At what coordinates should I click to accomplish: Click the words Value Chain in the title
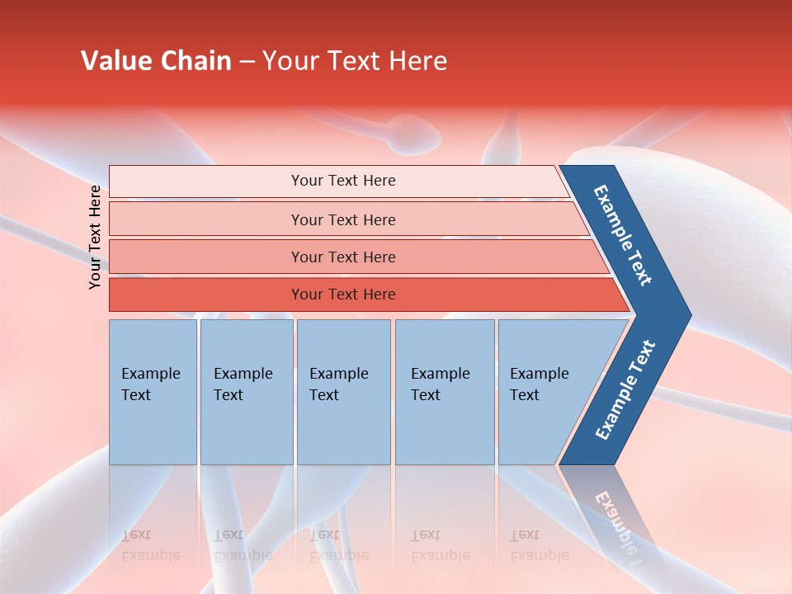pyautogui.click(x=156, y=61)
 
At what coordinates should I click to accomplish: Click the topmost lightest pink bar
pyautogui.click(x=206, y=181)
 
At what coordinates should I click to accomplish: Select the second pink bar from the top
pyautogui.click(x=206, y=219)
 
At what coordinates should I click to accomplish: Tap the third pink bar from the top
pyautogui.click(x=206, y=257)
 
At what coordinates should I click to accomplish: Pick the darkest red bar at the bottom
pyautogui.click(x=206, y=295)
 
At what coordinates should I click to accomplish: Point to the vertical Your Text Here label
pyautogui.click(x=95, y=237)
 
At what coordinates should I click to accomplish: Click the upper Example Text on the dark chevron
pyautogui.click(x=623, y=235)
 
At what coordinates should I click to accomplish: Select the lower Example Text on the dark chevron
pyautogui.click(x=625, y=389)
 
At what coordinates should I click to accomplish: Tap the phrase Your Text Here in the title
pyautogui.click(x=355, y=61)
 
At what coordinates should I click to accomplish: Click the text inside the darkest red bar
pyautogui.click(x=343, y=295)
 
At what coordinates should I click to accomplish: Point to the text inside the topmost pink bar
pyautogui.click(x=343, y=181)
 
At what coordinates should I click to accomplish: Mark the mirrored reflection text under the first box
pyautogui.click(x=150, y=545)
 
